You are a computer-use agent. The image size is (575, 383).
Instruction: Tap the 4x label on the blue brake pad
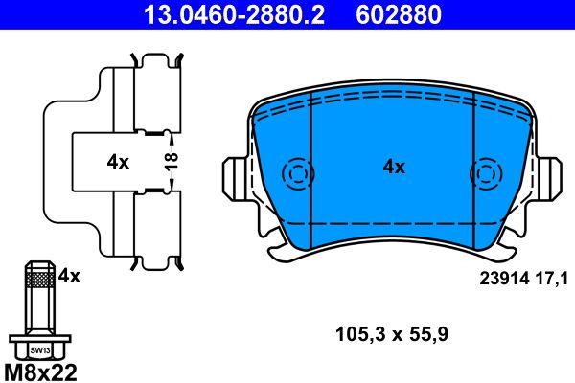[x=394, y=167]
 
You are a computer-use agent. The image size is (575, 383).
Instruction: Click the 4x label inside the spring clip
[x=118, y=163]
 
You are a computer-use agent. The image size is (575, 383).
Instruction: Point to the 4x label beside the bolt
[x=69, y=276]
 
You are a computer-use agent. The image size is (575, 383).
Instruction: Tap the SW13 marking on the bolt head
[x=38, y=349]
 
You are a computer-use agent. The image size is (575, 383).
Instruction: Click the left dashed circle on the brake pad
[x=297, y=174]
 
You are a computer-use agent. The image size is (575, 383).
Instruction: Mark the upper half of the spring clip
[x=144, y=96]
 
